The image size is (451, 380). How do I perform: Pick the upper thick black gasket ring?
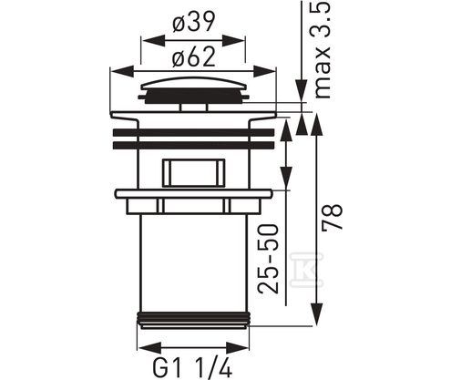coord(192,130)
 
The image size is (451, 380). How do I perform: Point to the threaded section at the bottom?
coord(193,319)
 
